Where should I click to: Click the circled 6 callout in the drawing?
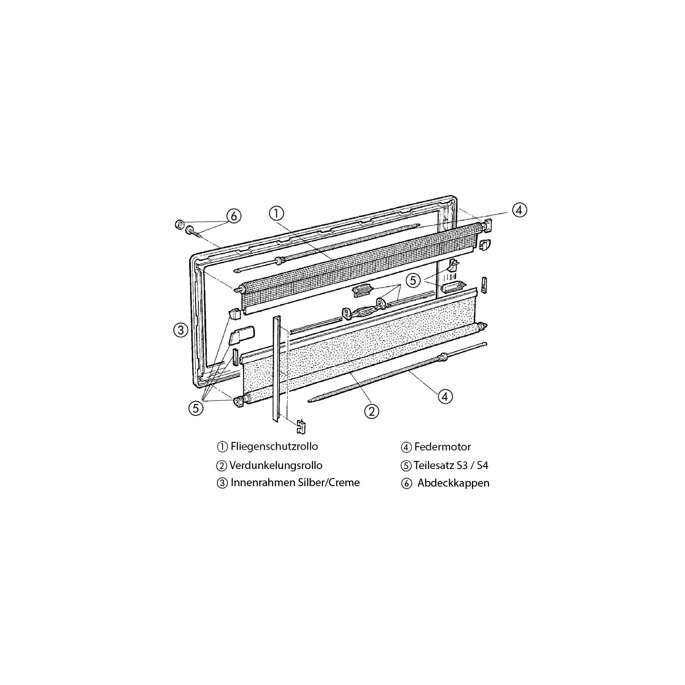234,216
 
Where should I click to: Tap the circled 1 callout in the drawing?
276,214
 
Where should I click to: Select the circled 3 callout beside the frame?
181,330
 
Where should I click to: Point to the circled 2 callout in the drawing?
372,411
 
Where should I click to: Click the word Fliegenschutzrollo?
274,446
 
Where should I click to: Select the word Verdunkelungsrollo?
276,465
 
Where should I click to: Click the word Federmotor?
442,447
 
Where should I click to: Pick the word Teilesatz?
434,465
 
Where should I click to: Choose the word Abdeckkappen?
453,483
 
